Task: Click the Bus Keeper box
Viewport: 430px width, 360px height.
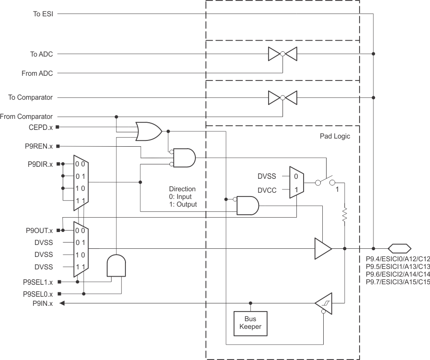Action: (x=250, y=323)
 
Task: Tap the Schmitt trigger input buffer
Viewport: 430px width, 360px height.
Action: (x=323, y=303)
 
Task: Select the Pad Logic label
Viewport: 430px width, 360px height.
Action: (x=335, y=137)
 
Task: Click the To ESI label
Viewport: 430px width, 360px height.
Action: (x=43, y=14)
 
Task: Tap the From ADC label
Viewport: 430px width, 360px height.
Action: (x=37, y=73)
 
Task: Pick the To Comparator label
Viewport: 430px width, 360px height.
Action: (x=31, y=97)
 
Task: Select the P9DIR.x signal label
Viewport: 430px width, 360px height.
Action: (x=40, y=164)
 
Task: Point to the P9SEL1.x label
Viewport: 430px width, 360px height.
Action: (x=38, y=282)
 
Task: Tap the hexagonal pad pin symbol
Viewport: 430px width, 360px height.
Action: (x=399, y=248)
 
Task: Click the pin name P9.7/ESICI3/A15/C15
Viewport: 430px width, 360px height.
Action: (x=397, y=282)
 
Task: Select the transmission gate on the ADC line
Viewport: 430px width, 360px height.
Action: (x=283, y=54)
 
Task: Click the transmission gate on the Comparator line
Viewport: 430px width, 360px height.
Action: (x=283, y=97)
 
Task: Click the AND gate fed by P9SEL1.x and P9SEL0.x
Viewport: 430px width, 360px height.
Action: (x=116, y=265)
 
